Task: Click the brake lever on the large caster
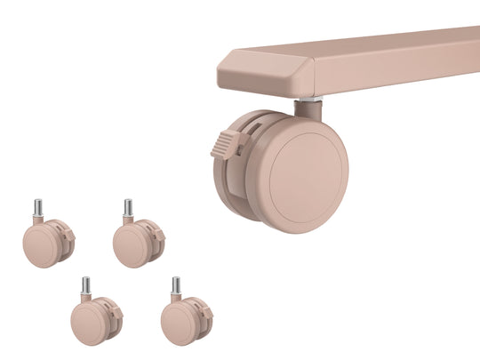[x=226, y=143]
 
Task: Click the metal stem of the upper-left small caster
[x=38, y=208]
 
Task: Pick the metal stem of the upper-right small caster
[x=128, y=208]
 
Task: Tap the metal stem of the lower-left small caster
[x=86, y=286]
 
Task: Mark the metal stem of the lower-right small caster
[x=176, y=286]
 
